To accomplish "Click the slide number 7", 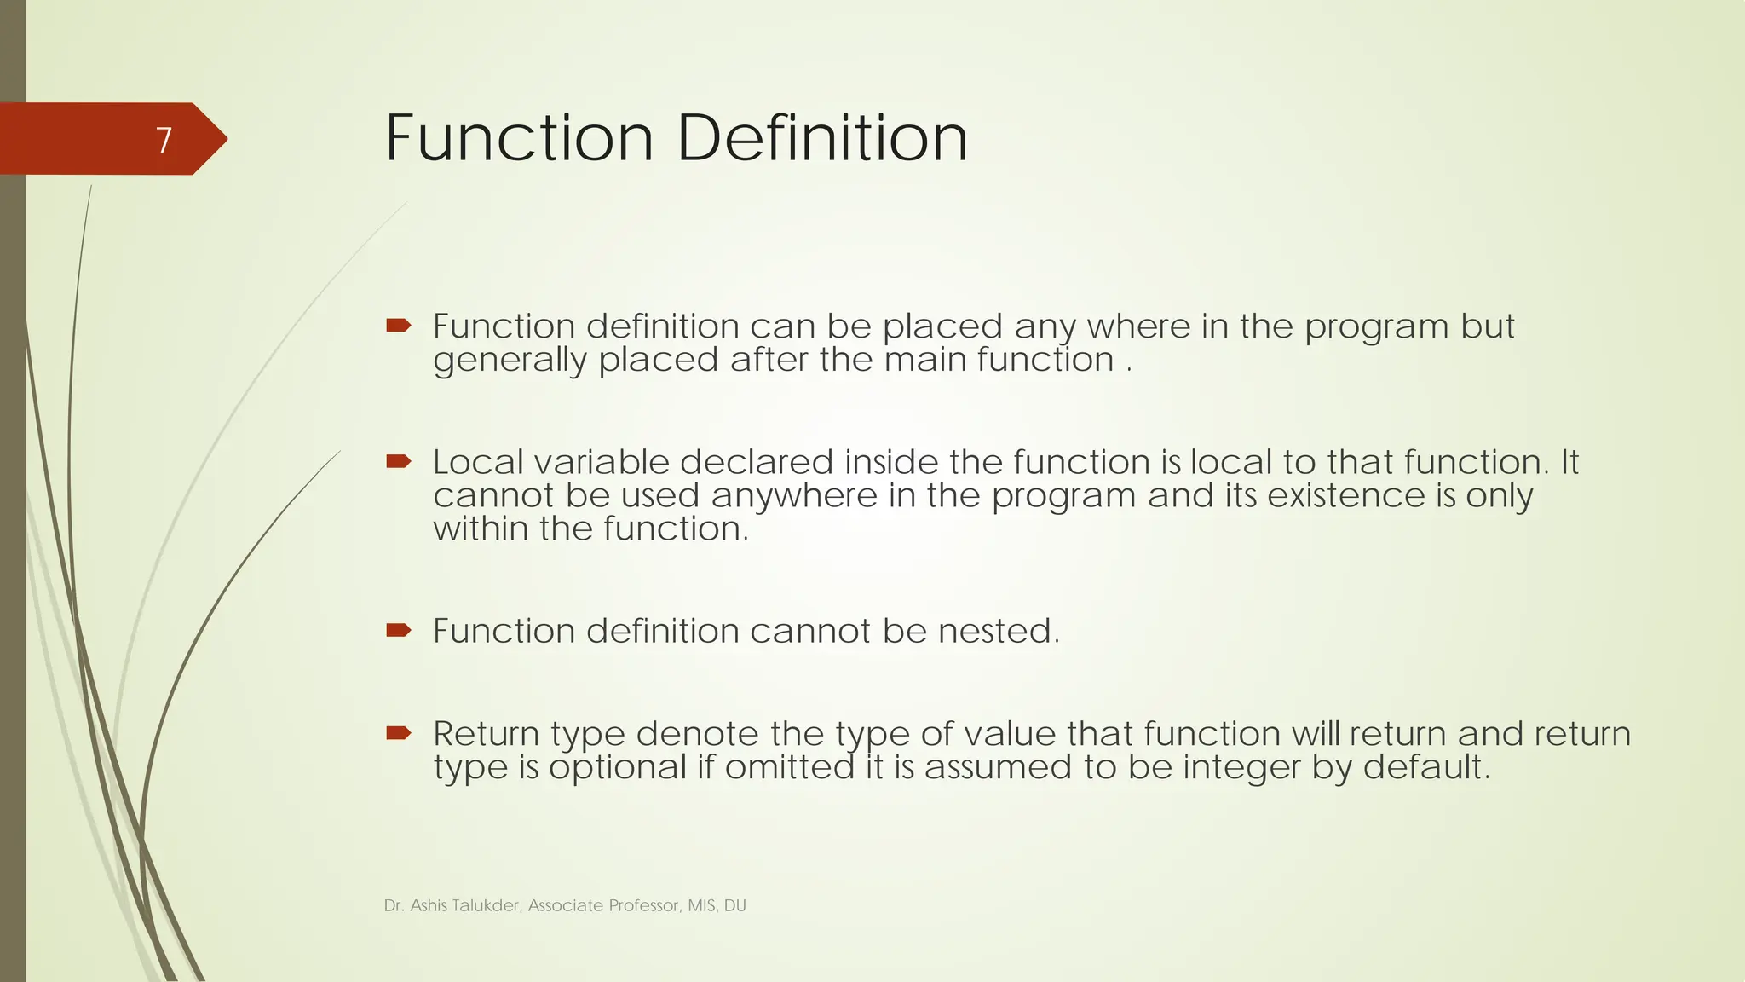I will point(164,140).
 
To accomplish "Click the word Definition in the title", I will point(822,138).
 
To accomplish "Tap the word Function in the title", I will point(519,138).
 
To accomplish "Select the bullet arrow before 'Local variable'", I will point(398,462).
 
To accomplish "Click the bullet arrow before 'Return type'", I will point(398,733).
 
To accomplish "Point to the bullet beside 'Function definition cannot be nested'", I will point(398,631).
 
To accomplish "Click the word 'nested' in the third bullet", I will point(998,632).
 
